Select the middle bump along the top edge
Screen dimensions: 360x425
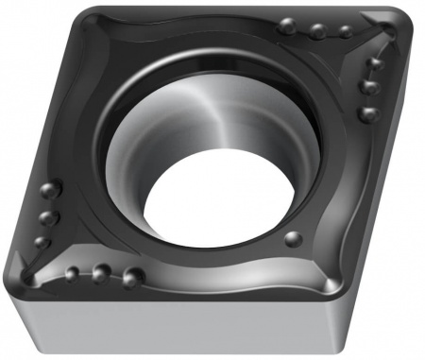317,31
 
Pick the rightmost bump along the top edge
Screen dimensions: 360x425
346,32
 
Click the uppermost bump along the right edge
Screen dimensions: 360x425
376,64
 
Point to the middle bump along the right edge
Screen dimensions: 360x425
369,88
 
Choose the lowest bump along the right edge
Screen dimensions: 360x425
367,113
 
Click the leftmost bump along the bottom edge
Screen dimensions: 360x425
72,274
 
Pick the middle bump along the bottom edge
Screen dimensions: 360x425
99,275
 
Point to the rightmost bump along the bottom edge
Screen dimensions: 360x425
130,277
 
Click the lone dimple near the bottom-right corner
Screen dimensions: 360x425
293,236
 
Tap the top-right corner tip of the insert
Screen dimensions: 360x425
401,21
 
